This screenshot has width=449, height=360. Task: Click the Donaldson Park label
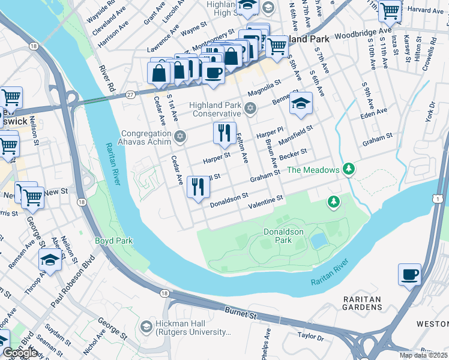coord(283,236)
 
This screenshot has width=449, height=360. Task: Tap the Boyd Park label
coord(113,241)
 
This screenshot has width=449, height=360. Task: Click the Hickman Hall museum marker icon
coord(146,327)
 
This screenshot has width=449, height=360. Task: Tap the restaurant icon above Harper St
coord(224,133)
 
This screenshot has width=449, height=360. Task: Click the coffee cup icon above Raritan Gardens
coord(409,275)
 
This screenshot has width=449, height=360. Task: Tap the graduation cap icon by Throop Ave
coord(50,260)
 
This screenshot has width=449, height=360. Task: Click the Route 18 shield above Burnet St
coord(164,293)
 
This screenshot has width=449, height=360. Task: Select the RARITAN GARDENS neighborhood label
coord(363,303)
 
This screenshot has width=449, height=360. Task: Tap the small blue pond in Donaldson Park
coord(319,241)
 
